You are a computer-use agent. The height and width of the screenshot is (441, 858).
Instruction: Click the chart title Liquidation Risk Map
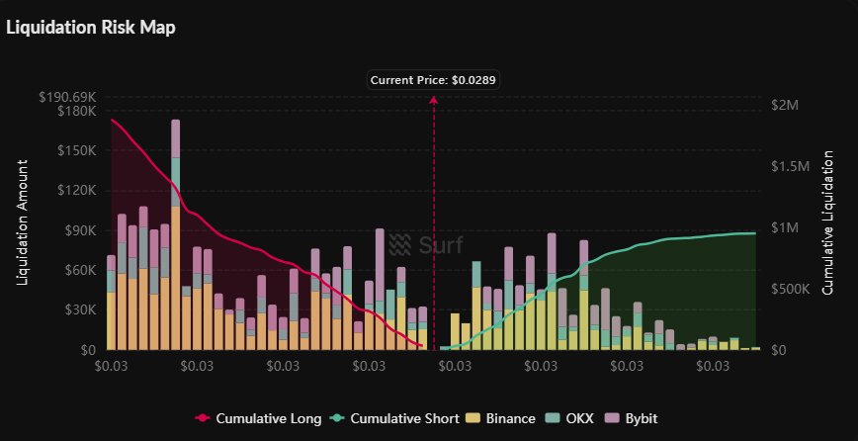click(x=91, y=28)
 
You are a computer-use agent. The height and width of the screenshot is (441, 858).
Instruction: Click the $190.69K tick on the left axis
click(x=67, y=97)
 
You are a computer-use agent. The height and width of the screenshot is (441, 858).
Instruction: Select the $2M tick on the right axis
click(x=786, y=105)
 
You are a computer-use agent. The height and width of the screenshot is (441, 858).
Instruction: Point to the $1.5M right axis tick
click(x=790, y=166)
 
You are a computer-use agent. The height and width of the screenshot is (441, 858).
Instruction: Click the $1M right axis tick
click(x=786, y=227)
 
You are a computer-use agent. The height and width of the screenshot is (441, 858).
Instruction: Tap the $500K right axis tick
click(x=793, y=289)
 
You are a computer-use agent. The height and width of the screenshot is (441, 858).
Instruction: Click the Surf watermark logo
click(x=427, y=244)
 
